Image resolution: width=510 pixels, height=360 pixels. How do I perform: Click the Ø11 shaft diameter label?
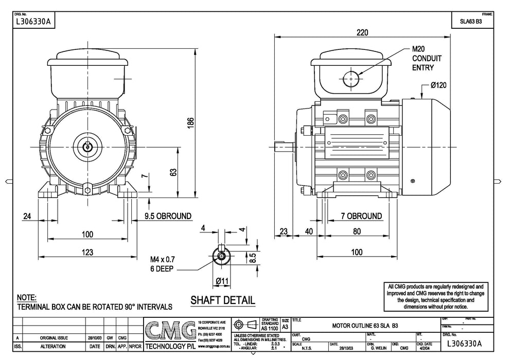pyautogui.click(x=222, y=281)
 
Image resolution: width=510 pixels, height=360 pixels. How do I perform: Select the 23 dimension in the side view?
pyautogui.click(x=283, y=231)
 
